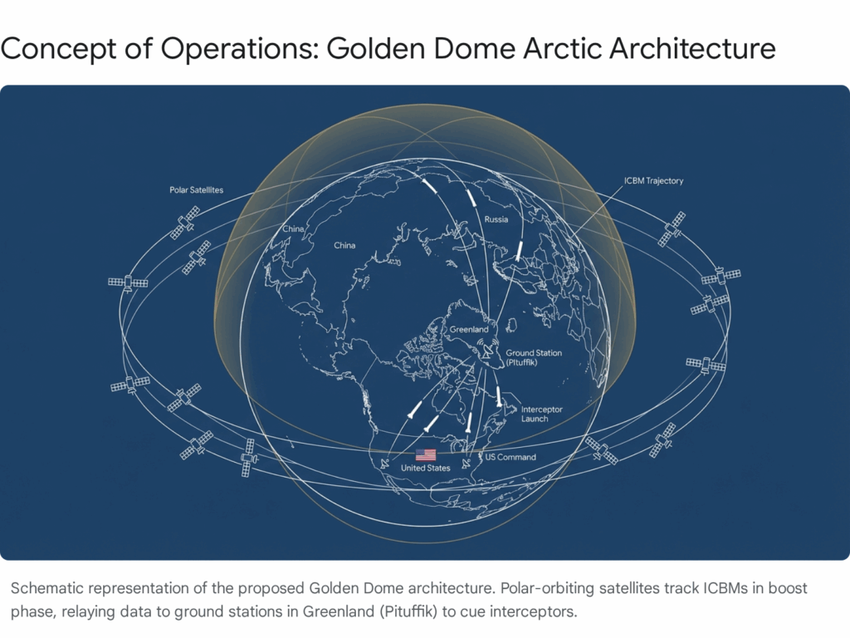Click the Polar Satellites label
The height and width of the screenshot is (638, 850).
click(196, 190)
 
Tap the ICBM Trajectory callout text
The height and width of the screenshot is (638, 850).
click(653, 180)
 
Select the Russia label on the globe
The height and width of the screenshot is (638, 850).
click(496, 219)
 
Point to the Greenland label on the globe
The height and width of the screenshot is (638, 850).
click(469, 329)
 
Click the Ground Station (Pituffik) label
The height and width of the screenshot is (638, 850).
click(534, 357)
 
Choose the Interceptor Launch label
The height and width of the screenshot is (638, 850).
click(541, 414)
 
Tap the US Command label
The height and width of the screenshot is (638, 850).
click(510, 457)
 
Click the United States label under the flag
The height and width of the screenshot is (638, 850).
click(426, 468)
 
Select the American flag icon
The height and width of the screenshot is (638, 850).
click(426, 454)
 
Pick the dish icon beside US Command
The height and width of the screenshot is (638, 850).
click(467, 464)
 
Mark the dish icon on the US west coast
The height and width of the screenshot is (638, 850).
click(385, 463)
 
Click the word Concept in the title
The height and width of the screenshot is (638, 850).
click(58, 49)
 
